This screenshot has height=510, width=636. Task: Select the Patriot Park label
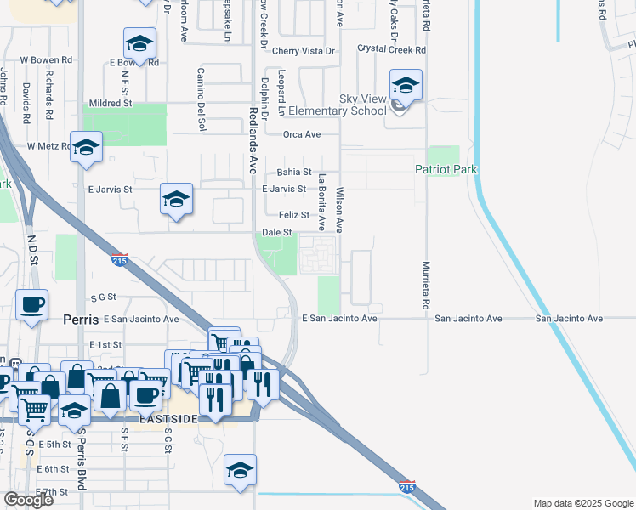point(446,170)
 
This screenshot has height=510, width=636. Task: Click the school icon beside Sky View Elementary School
point(406,86)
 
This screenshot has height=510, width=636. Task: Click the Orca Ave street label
point(302,134)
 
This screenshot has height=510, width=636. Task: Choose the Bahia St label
point(294,172)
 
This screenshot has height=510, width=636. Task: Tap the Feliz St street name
point(294,215)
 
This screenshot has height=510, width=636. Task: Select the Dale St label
point(277,231)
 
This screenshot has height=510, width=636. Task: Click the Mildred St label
point(111,103)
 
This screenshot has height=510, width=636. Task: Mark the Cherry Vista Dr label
point(304,51)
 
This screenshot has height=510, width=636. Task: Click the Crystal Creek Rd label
point(391,50)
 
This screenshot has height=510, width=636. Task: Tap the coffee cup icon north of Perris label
point(32,303)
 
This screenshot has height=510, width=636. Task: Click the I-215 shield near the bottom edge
point(406,487)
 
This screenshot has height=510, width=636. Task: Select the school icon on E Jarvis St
point(176,200)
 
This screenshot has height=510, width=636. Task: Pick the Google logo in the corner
point(28,500)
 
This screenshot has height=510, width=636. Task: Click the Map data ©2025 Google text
point(583,503)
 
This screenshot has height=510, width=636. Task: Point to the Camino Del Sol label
point(202,100)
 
